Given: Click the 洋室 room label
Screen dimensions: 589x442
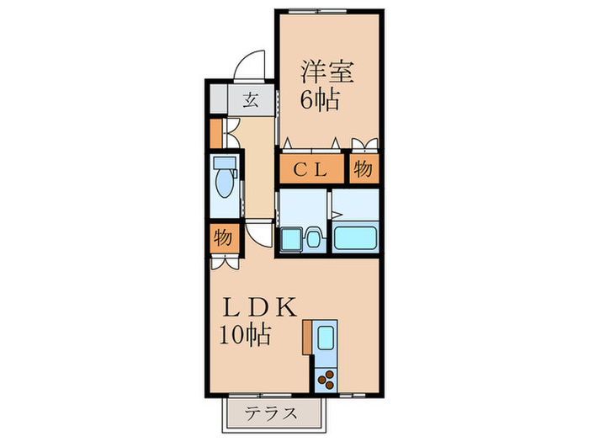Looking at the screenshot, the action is click(x=327, y=72).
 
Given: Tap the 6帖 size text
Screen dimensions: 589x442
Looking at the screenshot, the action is click(x=320, y=99).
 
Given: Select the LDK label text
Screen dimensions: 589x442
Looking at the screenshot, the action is click(x=259, y=307).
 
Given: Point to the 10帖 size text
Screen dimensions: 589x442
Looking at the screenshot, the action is click(x=245, y=335).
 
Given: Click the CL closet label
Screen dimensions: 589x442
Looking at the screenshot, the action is click(x=310, y=170).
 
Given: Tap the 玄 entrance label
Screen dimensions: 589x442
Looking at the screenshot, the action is click(x=250, y=100).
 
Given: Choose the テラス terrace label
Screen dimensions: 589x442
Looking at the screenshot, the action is click(x=271, y=413).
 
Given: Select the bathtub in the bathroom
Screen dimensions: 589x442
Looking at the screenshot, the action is click(x=355, y=237).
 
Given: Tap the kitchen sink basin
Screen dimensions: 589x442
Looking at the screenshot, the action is click(x=326, y=337).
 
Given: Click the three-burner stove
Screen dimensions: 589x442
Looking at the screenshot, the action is click(x=326, y=380).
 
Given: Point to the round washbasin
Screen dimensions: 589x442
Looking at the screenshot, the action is click(x=314, y=238).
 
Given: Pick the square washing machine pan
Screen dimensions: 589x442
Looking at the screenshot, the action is click(x=291, y=239).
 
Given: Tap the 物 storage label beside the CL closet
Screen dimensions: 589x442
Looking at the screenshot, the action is click(x=363, y=168).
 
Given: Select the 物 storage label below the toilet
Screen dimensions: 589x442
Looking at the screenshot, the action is click(x=223, y=238).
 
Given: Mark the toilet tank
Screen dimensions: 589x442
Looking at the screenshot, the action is click(x=225, y=163).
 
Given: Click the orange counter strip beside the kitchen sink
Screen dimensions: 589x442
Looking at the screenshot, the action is click(x=307, y=337).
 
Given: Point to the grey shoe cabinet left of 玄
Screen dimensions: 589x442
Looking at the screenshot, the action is click(x=219, y=99).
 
